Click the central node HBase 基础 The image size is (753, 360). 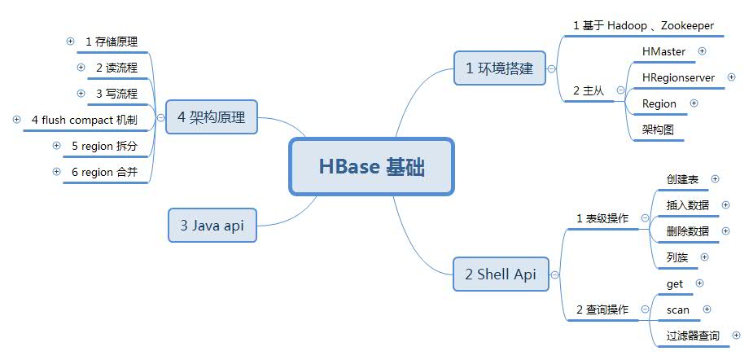(371, 167)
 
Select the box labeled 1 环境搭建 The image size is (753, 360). (500, 68)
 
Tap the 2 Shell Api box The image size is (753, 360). (501, 274)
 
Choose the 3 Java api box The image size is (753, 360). (212, 225)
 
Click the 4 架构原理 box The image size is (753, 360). (212, 116)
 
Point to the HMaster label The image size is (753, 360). (663, 51)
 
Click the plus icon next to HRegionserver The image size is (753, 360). (731, 77)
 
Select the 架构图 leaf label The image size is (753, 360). (658, 130)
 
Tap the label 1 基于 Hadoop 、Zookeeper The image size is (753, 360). (643, 25)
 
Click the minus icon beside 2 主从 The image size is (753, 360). (620, 90)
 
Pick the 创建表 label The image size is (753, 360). (682, 179)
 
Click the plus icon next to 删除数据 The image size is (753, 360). (725, 230)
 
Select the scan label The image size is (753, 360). (677, 310)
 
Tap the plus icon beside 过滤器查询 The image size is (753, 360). (736, 335)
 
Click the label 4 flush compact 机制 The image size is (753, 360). (85, 120)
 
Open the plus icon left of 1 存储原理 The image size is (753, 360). (71, 42)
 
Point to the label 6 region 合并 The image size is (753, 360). (105, 172)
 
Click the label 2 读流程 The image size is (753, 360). (116, 68)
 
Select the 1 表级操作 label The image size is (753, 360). (602, 218)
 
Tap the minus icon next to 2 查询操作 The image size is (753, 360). (645, 310)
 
